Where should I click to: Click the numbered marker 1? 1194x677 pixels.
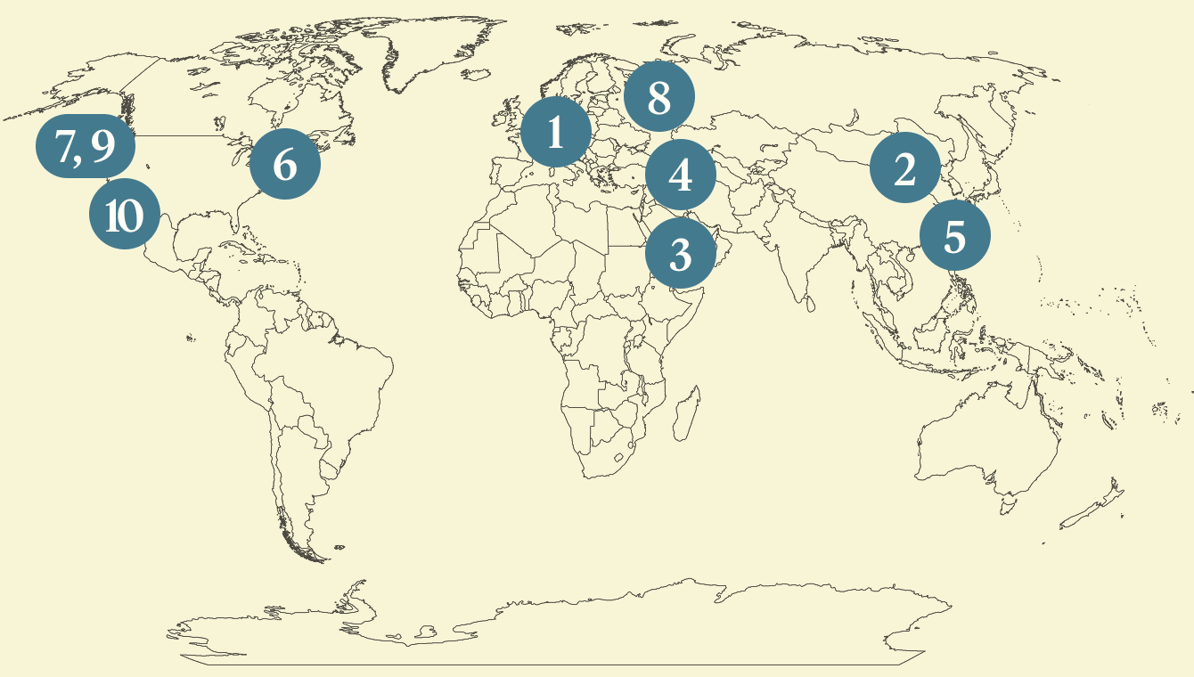pyautogui.click(x=556, y=134)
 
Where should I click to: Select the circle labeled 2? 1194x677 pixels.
pyautogui.click(x=904, y=168)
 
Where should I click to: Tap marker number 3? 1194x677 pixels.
pyautogui.click(x=680, y=255)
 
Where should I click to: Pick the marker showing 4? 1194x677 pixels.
pyautogui.click(x=680, y=175)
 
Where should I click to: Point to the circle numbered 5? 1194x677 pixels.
pyautogui.click(x=954, y=236)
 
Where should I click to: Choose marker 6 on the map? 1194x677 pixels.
pyautogui.click(x=284, y=164)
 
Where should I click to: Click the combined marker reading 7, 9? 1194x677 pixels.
pyautogui.click(x=85, y=147)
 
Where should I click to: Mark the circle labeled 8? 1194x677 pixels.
pyautogui.click(x=658, y=96)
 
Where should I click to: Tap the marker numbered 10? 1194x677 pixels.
pyautogui.click(x=125, y=215)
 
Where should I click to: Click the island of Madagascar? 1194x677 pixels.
pyautogui.click(x=684, y=417)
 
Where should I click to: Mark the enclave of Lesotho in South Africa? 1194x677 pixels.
pyautogui.click(x=618, y=458)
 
